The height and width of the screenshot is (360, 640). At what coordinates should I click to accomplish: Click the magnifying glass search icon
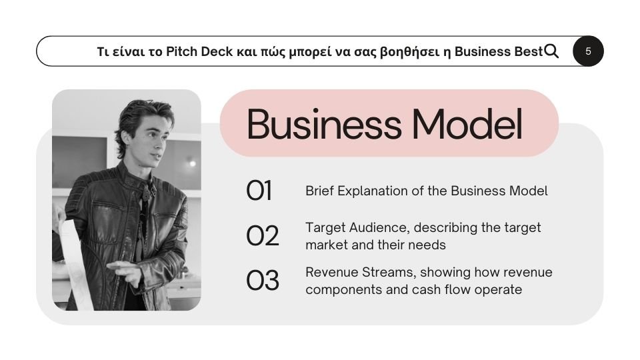[551, 51]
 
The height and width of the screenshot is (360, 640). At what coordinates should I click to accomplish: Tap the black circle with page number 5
[588, 51]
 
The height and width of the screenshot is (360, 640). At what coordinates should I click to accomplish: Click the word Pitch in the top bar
[181, 51]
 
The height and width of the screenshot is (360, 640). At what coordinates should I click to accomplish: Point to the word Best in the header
[529, 51]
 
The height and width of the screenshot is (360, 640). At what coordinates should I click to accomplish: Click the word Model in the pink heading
[467, 124]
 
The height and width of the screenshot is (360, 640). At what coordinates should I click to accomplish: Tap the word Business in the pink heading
[324, 124]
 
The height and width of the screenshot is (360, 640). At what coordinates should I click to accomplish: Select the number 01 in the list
[259, 191]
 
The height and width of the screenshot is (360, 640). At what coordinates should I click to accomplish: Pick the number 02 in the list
[263, 236]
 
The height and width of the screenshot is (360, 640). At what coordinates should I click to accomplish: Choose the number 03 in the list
[263, 281]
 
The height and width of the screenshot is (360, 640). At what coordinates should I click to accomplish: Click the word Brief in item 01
[319, 191]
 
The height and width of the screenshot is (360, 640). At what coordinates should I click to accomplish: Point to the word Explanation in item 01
[372, 191]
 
